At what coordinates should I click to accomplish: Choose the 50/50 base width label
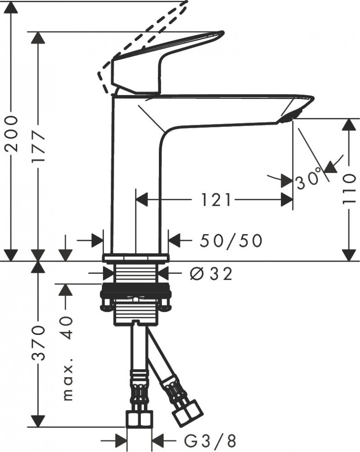tap(231, 241)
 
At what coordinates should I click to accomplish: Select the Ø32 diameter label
tap(211, 273)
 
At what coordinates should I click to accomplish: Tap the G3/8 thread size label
tap(211, 439)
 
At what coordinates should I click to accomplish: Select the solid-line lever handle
tap(148, 68)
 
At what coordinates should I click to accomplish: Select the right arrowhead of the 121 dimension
tap(287, 199)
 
